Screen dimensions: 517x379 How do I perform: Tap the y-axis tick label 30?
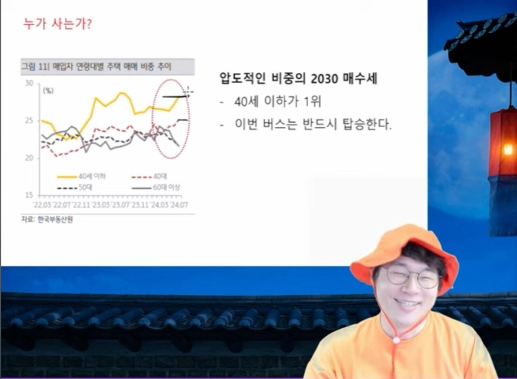tap(29, 83)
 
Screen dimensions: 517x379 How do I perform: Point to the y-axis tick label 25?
tap(29, 121)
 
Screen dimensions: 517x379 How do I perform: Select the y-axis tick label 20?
tap(29, 158)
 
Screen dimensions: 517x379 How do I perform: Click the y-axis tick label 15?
tap(29, 196)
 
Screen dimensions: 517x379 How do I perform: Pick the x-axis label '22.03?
tap(42, 205)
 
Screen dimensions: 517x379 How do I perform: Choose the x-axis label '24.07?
tap(179, 205)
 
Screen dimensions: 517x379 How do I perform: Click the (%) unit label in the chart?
tap(48, 91)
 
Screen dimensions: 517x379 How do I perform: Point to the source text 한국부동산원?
tap(55, 220)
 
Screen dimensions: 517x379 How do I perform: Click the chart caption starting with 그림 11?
tap(97, 67)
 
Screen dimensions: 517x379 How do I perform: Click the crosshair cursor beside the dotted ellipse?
tap(189, 92)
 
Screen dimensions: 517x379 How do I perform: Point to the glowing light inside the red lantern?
tap(508, 150)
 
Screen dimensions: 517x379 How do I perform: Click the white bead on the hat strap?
tap(396, 340)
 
